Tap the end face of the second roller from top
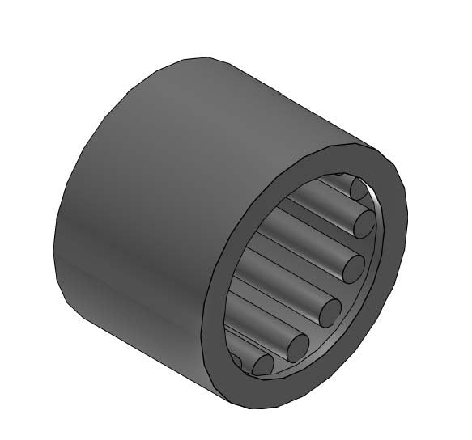364,222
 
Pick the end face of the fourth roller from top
330,310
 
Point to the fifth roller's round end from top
296,345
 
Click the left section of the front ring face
217,307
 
